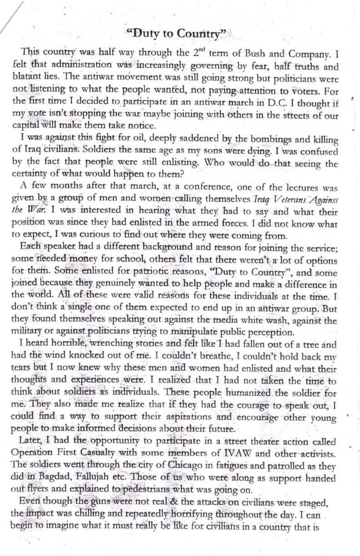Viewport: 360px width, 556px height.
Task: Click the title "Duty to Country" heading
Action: [x=177, y=34]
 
